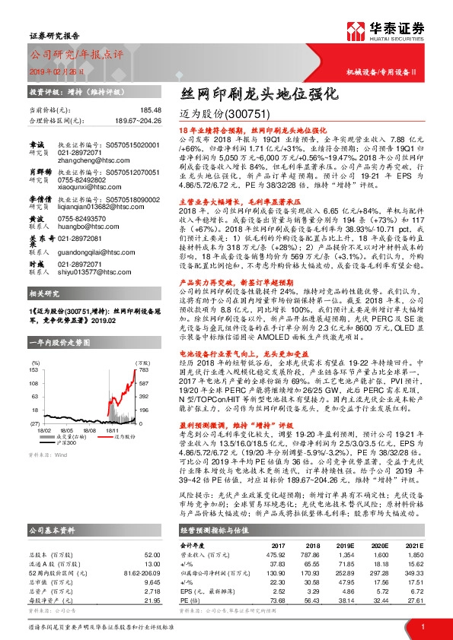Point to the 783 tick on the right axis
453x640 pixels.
pos(142,369)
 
